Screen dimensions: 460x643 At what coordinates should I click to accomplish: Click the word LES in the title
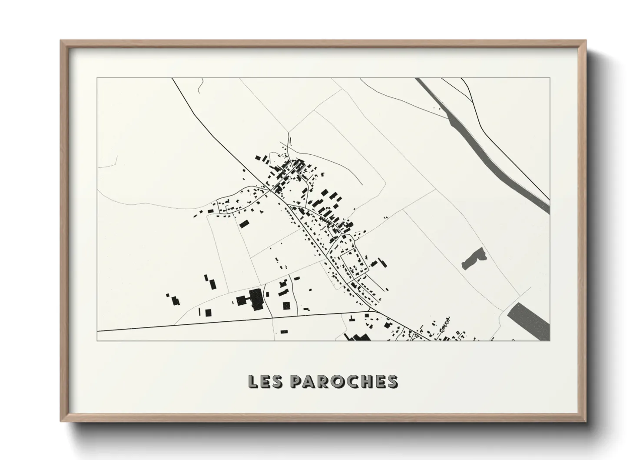point(265,381)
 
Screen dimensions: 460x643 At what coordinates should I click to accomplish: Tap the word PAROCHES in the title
point(343,381)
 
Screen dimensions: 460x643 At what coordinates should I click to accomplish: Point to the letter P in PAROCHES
point(295,381)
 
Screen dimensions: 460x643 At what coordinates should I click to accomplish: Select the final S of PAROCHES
point(392,381)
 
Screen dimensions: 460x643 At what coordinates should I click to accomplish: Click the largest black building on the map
point(256,299)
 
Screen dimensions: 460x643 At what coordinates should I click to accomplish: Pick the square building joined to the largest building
point(241,300)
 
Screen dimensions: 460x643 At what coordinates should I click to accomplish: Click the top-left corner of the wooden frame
point(61,41)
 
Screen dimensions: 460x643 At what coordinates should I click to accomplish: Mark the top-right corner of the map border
point(550,78)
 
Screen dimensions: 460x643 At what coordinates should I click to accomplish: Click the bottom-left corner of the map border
point(97,340)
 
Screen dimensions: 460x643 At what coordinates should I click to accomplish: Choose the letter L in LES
point(252,381)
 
